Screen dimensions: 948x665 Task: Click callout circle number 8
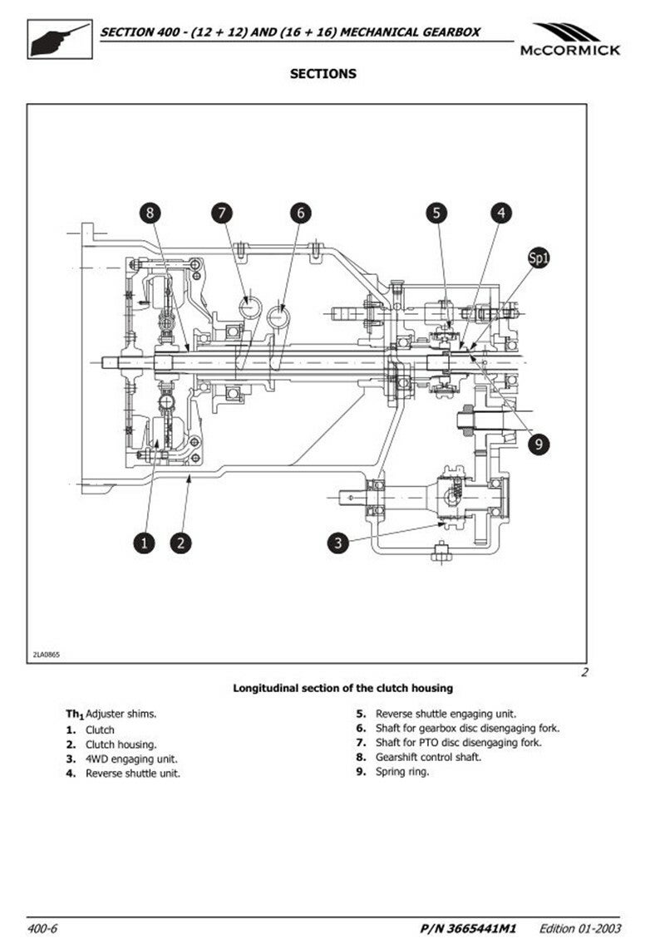[150, 214]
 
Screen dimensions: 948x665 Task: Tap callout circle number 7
[221, 214]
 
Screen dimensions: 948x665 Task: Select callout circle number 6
[300, 214]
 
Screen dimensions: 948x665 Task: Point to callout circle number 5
[436, 214]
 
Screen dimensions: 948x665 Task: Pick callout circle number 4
[500, 214]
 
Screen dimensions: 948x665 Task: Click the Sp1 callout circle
[539, 258]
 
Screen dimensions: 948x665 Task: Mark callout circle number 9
[539, 445]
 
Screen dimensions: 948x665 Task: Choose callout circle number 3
[337, 543]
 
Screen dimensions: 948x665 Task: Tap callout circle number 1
[144, 543]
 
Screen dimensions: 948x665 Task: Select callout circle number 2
[181, 543]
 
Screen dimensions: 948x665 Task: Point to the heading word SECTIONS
[323, 74]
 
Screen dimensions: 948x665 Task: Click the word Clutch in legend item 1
[101, 730]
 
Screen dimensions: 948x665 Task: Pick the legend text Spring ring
[402, 772]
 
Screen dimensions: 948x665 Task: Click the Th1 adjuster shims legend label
[111, 714]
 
